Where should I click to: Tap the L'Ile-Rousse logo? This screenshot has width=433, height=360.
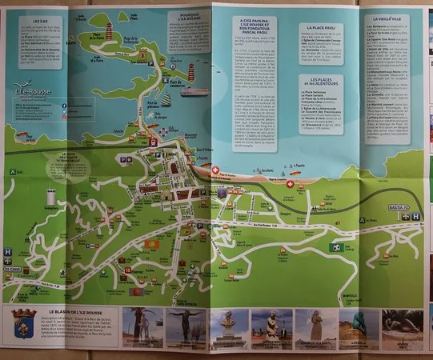click(30, 94)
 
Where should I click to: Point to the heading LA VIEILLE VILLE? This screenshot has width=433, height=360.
click(390, 18)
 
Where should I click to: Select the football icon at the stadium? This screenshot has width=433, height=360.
click(336, 248)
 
